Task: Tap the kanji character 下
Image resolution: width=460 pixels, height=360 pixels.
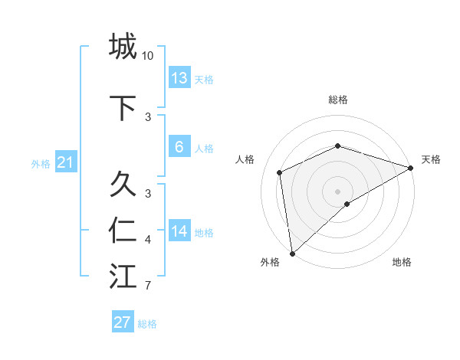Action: [123, 108]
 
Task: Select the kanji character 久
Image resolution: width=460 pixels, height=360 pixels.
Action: [123, 185]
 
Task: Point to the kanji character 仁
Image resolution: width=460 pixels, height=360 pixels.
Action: [123, 231]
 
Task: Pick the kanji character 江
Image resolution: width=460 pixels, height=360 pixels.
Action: [123, 277]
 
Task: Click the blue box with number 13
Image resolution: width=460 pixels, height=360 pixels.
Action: [179, 78]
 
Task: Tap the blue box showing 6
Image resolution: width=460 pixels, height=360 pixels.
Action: [179, 147]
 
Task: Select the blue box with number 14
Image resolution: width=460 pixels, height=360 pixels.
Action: [179, 231]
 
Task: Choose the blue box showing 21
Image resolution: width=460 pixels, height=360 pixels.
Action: [66, 162]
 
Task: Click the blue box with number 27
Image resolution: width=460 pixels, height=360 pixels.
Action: [123, 322]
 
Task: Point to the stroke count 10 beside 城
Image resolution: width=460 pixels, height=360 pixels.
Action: [148, 56]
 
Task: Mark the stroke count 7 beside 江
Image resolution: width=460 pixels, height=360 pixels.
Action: [148, 286]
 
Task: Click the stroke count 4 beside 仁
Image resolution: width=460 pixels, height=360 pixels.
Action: [148, 241]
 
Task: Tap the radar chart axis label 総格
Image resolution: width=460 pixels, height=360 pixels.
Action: [338, 100]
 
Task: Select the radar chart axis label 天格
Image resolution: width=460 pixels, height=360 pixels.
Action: [431, 159]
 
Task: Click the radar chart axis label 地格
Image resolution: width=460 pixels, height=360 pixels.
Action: [402, 263]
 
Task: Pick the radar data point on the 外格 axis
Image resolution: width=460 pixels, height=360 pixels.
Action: [292, 253]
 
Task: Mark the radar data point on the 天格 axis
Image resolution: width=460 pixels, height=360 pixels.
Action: [411, 167]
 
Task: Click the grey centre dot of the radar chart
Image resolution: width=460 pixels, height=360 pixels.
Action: [337, 191]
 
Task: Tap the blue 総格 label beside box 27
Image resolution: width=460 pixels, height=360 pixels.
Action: [147, 324]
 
